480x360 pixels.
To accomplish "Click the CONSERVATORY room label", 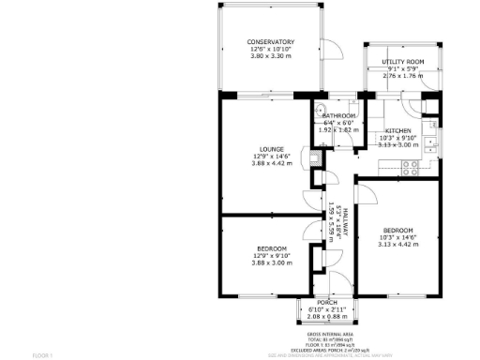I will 271,42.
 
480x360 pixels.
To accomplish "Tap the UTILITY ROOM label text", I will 402,61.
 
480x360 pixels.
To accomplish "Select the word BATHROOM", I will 338,115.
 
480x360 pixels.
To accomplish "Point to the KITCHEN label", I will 397,130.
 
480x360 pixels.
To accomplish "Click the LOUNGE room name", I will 272,149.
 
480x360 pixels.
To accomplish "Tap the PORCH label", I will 327,302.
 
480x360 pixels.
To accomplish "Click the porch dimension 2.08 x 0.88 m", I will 327,317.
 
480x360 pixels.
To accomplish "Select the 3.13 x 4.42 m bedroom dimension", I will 397,246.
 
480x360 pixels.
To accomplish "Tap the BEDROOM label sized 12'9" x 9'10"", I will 272,248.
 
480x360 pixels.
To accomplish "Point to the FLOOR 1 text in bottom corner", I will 43,355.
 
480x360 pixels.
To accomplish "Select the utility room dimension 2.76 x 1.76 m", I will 402,76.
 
